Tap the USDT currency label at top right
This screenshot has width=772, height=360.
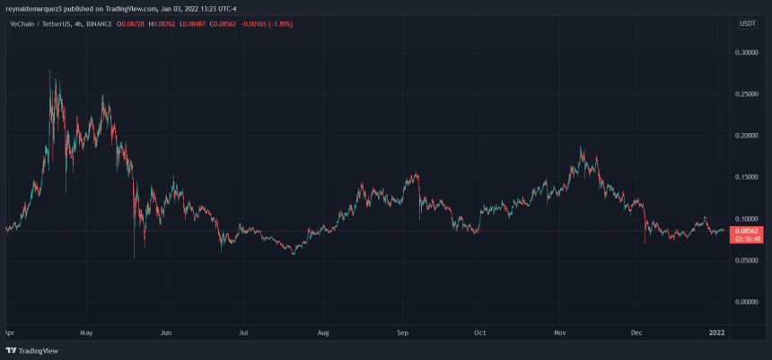pyautogui.click(x=747, y=23)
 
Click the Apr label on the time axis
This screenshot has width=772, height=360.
pyautogui.click(x=9, y=331)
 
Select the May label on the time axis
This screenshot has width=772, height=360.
pyautogui.click(x=86, y=331)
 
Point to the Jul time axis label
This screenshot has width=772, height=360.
pyautogui.click(x=243, y=331)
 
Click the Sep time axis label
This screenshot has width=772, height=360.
pyautogui.click(x=403, y=331)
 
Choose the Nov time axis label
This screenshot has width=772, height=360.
pyautogui.click(x=559, y=331)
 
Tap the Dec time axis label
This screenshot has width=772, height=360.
pyautogui.click(x=636, y=331)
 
